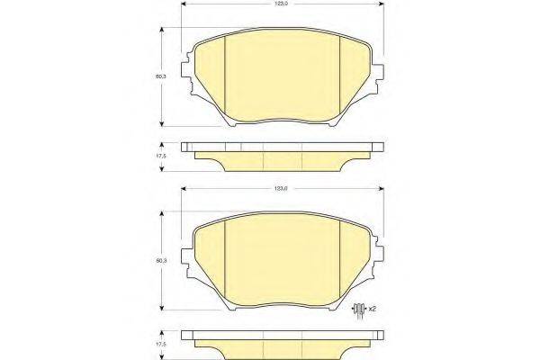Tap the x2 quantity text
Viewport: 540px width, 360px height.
tap(372, 310)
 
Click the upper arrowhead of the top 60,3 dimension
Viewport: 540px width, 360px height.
tap(161, 31)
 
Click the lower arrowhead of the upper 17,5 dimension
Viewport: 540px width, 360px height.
tap(161, 168)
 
